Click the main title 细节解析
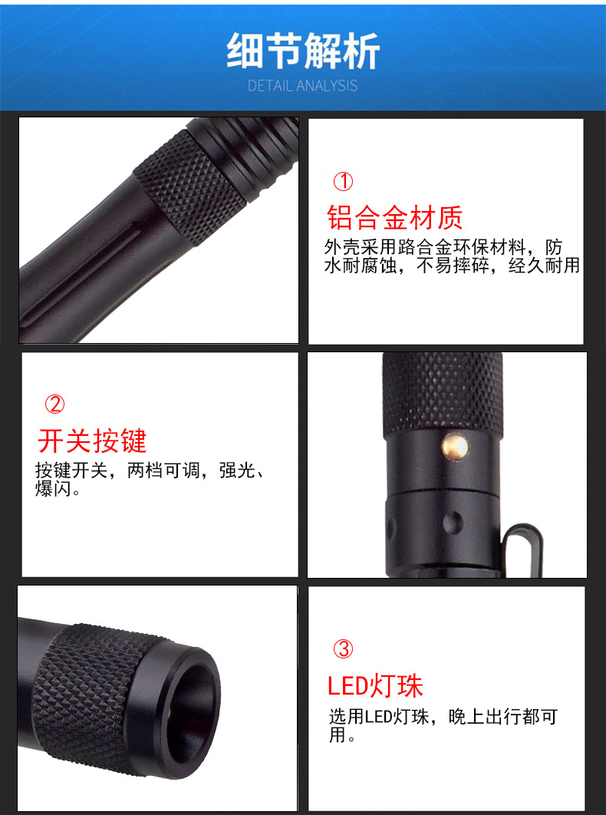[303, 51]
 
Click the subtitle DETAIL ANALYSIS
[302, 86]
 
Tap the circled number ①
[343, 181]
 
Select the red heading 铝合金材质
[395, 217]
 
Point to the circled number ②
[54, 404]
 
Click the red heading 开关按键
[92, 441]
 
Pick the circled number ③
[343, 648]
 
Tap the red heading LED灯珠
[375, 685]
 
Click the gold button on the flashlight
[455, 446]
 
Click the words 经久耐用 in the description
[544, 266]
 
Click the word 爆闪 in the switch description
[53, 489]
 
